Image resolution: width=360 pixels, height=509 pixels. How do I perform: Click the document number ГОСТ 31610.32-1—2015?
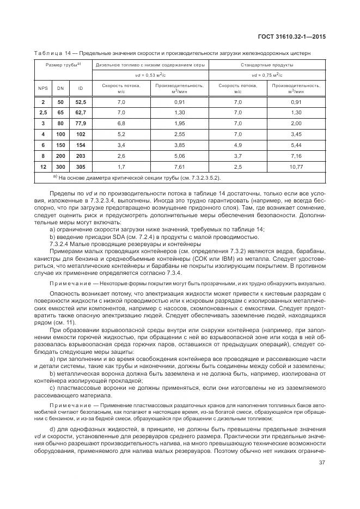click(x=295, y=36)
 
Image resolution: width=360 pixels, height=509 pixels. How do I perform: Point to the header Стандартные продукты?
click(x=265, y=65)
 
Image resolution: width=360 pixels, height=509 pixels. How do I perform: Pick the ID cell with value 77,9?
click(x=81, y=123)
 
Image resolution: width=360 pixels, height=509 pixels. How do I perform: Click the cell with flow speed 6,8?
click(x=121, y=123)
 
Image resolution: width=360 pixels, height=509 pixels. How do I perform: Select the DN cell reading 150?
click(x=60, y=144)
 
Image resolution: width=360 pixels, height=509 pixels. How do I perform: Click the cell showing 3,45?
click(x=296, y=133)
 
